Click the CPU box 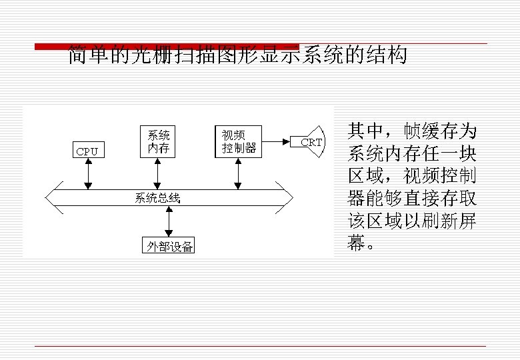(87, 151)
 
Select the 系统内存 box (159, 141)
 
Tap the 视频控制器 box (239, 141)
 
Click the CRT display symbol (310, 142)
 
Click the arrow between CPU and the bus (87, 174)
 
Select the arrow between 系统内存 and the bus (158, 173)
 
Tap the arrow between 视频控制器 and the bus (238, 173)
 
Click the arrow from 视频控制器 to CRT (277, 141)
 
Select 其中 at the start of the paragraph (365, 130)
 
